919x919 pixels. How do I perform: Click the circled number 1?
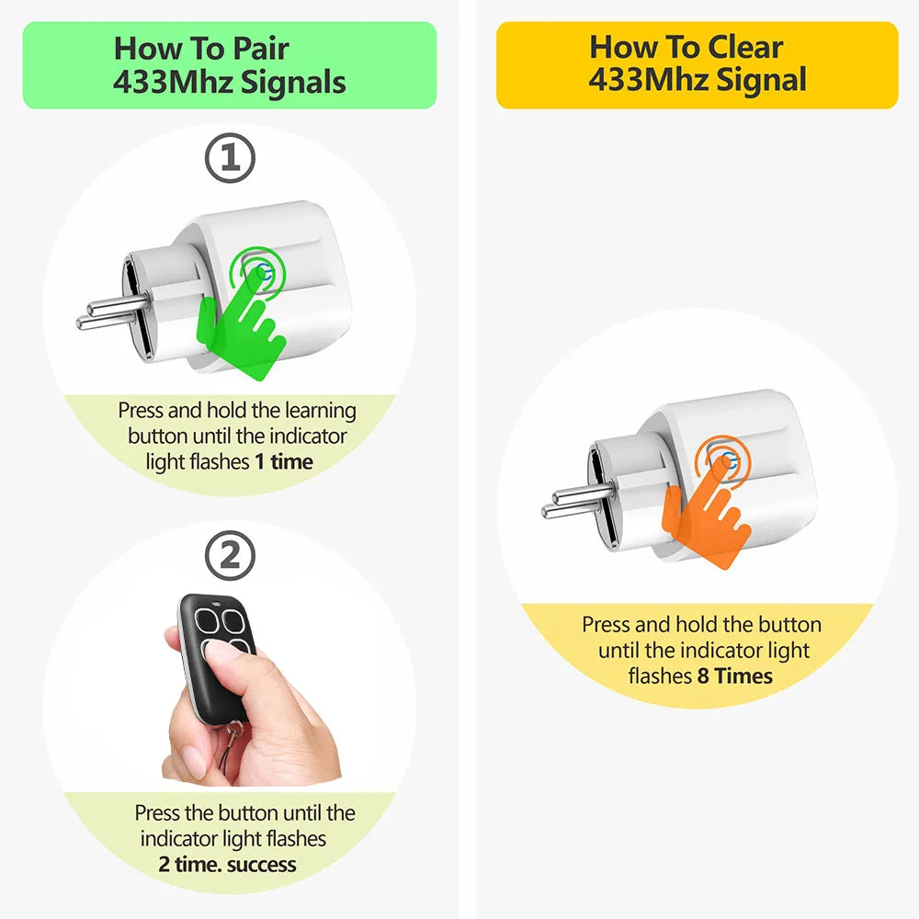coord(230,158)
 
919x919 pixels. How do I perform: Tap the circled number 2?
coord(230,556)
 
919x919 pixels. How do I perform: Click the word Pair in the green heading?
coord(261,48)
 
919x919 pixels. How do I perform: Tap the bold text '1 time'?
coord(284,462)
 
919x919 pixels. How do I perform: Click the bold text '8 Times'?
coord(734,676)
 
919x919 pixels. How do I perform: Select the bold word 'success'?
coord(261,865)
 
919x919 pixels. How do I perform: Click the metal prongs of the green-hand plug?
coord(112,312)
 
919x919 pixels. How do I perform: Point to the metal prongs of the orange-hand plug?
coord(578,503)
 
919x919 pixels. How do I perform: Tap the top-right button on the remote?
coord(233,621)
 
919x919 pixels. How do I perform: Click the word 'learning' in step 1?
coord(321,412)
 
